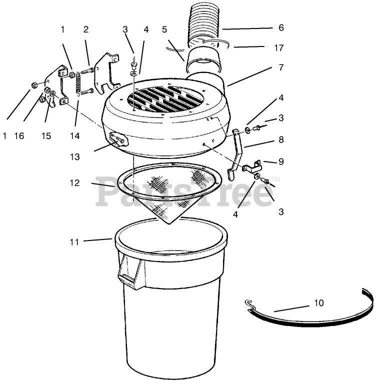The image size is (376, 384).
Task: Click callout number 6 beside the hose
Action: point(281,27)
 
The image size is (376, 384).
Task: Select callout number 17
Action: point(279,48)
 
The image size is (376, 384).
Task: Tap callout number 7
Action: point(281,67)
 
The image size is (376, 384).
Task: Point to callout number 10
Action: point(319,303)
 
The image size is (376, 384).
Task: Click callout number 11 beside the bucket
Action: point(74,242)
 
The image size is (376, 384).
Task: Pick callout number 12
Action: point(74,182)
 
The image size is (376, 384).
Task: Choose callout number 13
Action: point(74,156)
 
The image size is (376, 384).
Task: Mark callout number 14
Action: point(74,135)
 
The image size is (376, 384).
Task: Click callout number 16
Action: point(19,135)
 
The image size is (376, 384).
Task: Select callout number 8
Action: point(281,139)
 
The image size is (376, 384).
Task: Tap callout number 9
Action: point(281,161)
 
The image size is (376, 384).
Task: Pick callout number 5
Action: point(164,29)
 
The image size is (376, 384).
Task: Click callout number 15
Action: point(46,135)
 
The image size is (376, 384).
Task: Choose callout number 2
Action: point(85,29)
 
